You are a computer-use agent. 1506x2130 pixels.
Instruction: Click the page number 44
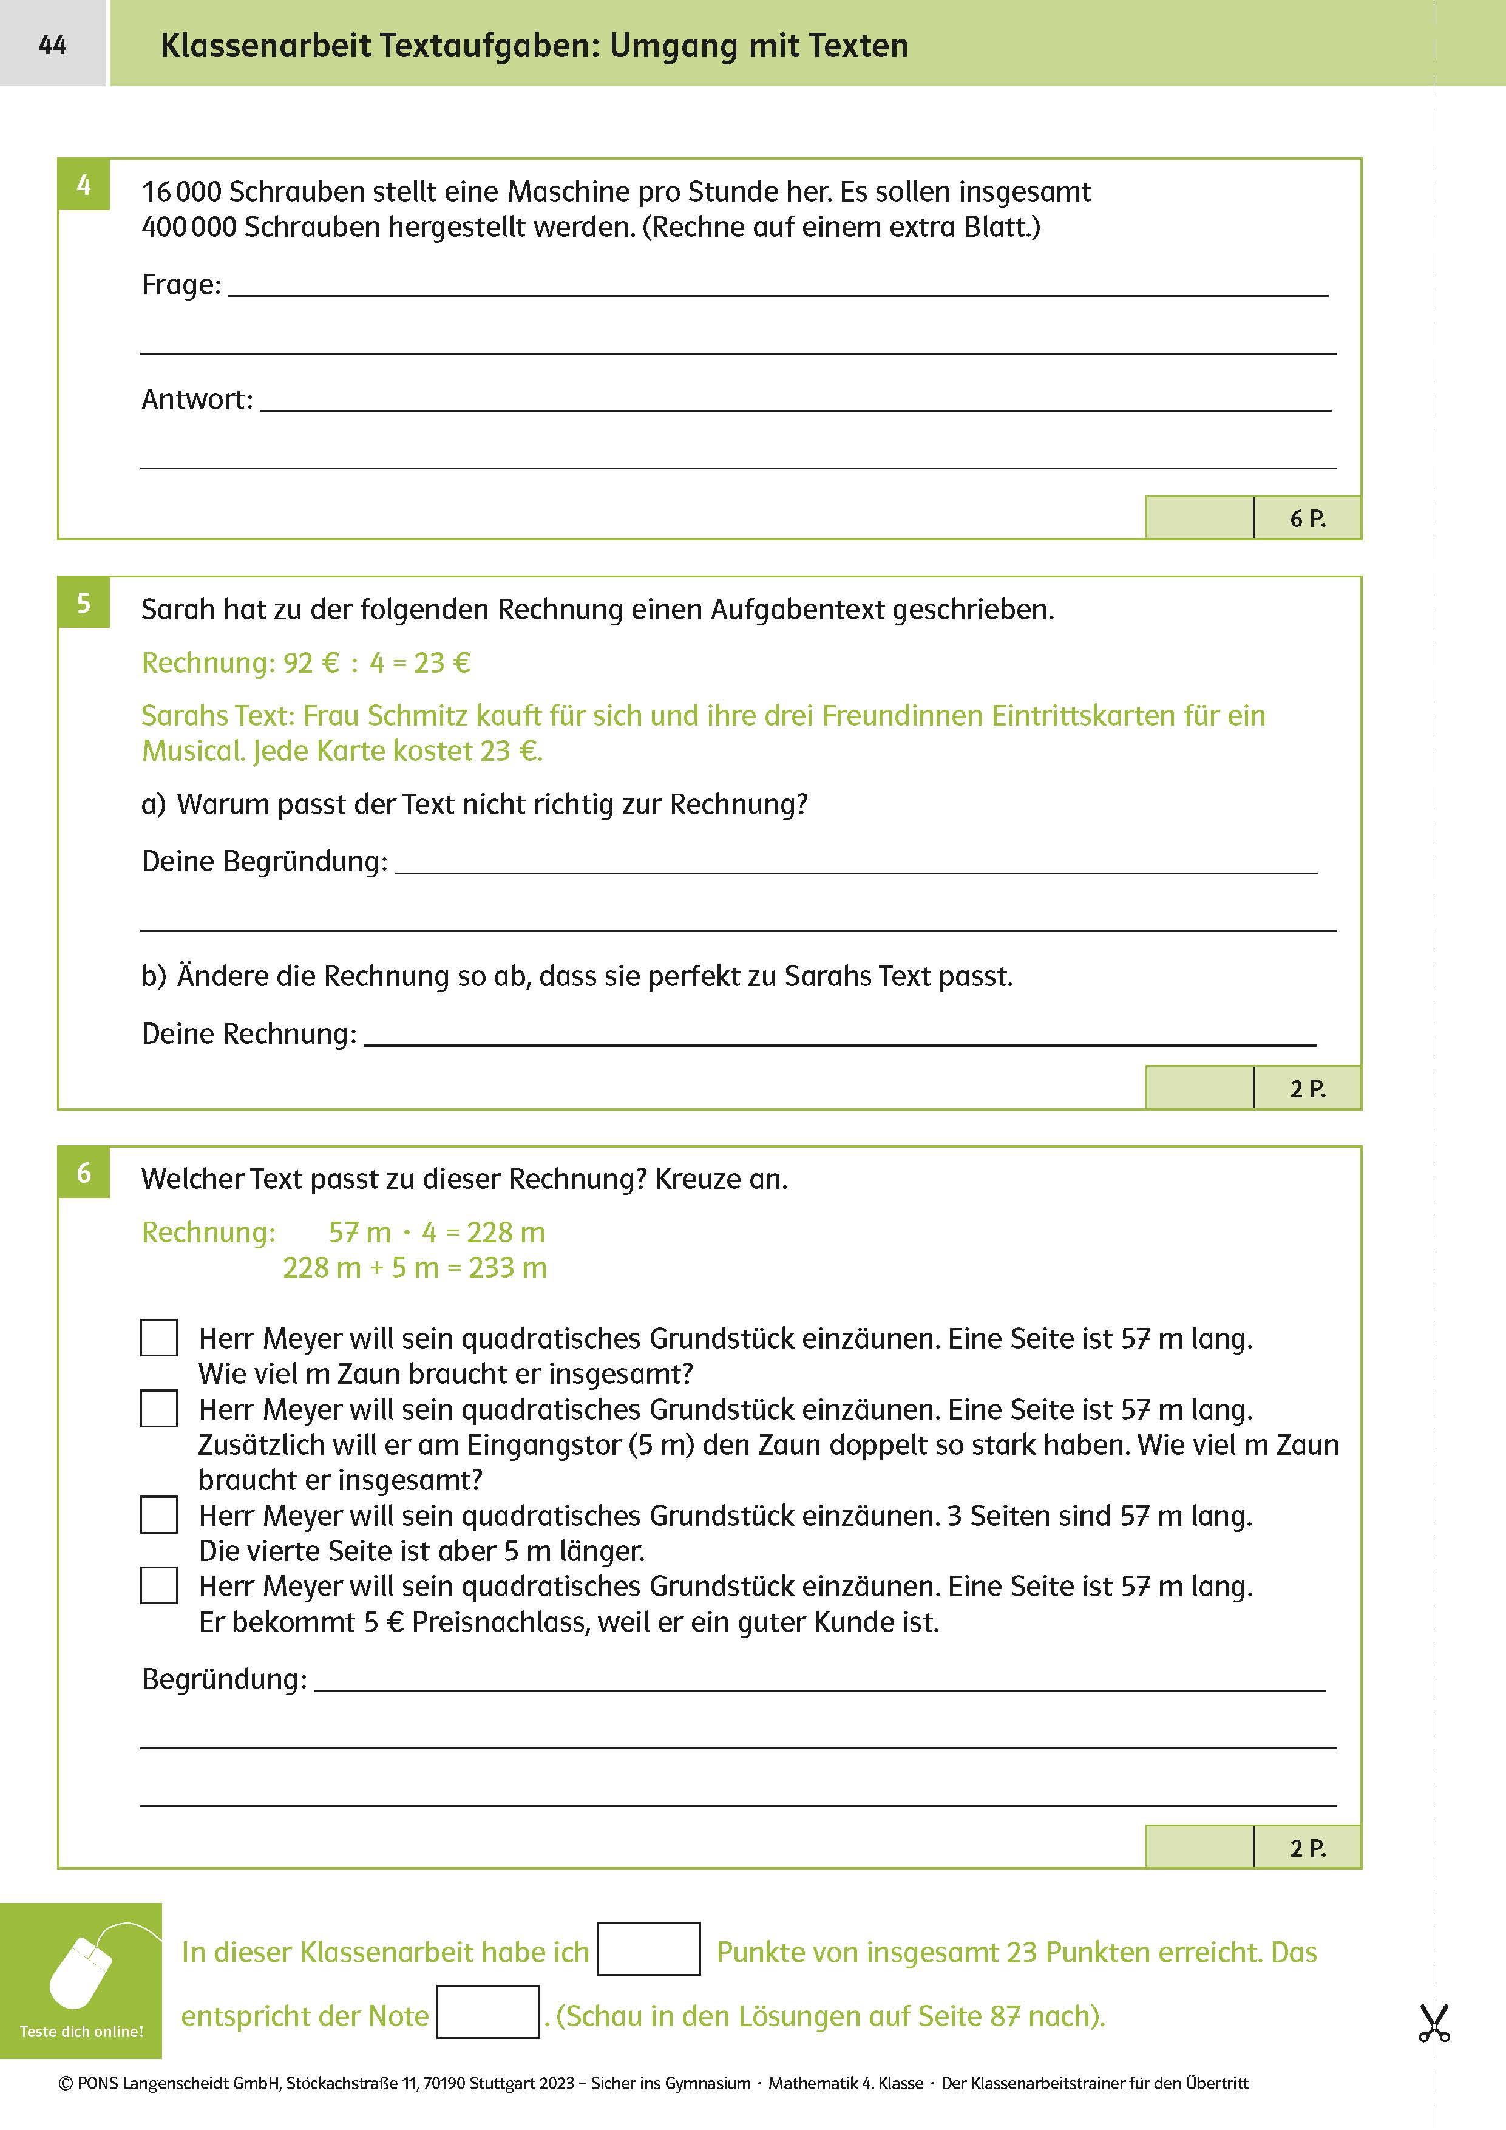(52, 44)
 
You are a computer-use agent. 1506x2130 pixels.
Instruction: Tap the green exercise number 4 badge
(83, 185)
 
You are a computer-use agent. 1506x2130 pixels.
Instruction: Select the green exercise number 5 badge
(83, 602)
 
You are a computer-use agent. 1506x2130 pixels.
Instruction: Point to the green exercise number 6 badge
(83, 1172)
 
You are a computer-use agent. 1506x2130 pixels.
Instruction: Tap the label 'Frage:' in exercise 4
(181, 285)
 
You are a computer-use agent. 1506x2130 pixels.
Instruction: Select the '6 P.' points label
(1308, 519)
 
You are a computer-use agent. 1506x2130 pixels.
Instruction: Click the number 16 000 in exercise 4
(181, 192)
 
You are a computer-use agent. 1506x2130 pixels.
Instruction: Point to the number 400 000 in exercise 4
(188, 227)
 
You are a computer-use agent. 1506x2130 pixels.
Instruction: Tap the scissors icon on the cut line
(1434, 2023)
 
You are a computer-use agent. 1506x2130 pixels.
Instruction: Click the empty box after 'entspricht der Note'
(488, 2012)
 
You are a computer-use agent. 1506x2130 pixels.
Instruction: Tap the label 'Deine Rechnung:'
(248, 1033)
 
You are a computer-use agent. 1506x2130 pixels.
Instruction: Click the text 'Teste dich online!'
(81, 2032)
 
